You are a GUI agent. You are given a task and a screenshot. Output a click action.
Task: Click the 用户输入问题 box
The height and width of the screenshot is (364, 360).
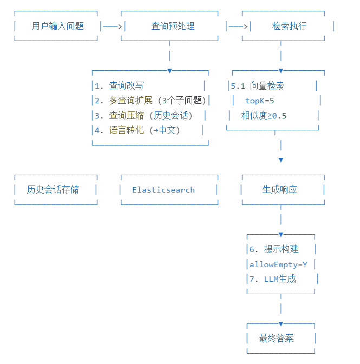[57, 26]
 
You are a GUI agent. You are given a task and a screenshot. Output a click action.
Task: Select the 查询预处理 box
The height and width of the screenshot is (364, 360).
[173, 26]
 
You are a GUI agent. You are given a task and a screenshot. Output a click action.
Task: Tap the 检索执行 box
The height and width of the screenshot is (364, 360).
[289, 26]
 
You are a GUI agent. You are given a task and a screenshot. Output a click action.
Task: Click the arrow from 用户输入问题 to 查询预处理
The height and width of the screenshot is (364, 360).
[113, 26]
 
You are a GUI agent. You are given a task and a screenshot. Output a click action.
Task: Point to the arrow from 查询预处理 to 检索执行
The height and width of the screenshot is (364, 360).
[238, 26]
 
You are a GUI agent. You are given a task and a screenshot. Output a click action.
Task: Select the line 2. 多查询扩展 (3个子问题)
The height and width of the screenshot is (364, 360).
[150, 101]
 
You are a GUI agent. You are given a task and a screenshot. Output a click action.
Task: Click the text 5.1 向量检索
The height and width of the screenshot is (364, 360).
[258, 85]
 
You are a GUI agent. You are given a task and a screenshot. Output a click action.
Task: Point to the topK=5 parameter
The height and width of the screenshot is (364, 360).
[259, 101]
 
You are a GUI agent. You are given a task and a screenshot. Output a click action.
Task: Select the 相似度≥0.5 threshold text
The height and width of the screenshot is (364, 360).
[264, 115]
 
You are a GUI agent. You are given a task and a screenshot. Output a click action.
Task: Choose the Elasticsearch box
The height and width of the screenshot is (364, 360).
[163, 190]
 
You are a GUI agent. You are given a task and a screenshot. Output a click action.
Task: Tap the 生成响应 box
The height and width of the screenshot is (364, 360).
[280, 189]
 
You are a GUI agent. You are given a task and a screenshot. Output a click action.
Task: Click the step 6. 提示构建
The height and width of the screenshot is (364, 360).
[274, 249]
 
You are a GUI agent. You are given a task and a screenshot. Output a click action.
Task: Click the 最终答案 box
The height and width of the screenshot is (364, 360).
[277, 339]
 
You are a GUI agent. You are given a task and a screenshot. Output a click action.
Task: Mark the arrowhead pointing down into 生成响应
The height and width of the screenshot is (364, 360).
[280, 160]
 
